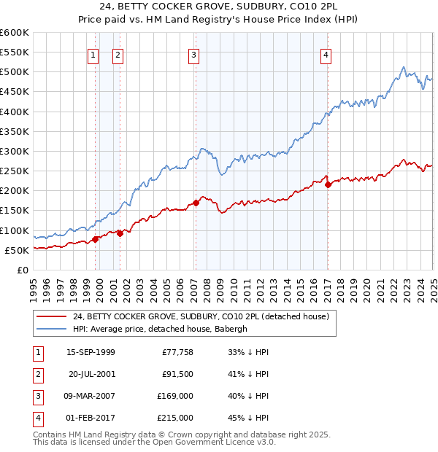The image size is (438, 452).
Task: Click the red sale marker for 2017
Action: click(x=328, y=184)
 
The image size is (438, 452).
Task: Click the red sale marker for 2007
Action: click(x=196, y=203)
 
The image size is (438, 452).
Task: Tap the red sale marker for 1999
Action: click(x=96, y=239)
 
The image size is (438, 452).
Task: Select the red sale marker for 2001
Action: click(x=120, y=233)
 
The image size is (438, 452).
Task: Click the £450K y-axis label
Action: click(x=15, y=92)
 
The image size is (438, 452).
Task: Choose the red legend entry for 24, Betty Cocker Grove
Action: click(x=201, y=316)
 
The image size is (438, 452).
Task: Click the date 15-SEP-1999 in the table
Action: click(x=91, y=352)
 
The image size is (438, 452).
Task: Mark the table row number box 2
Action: click(x=36, y=374)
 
